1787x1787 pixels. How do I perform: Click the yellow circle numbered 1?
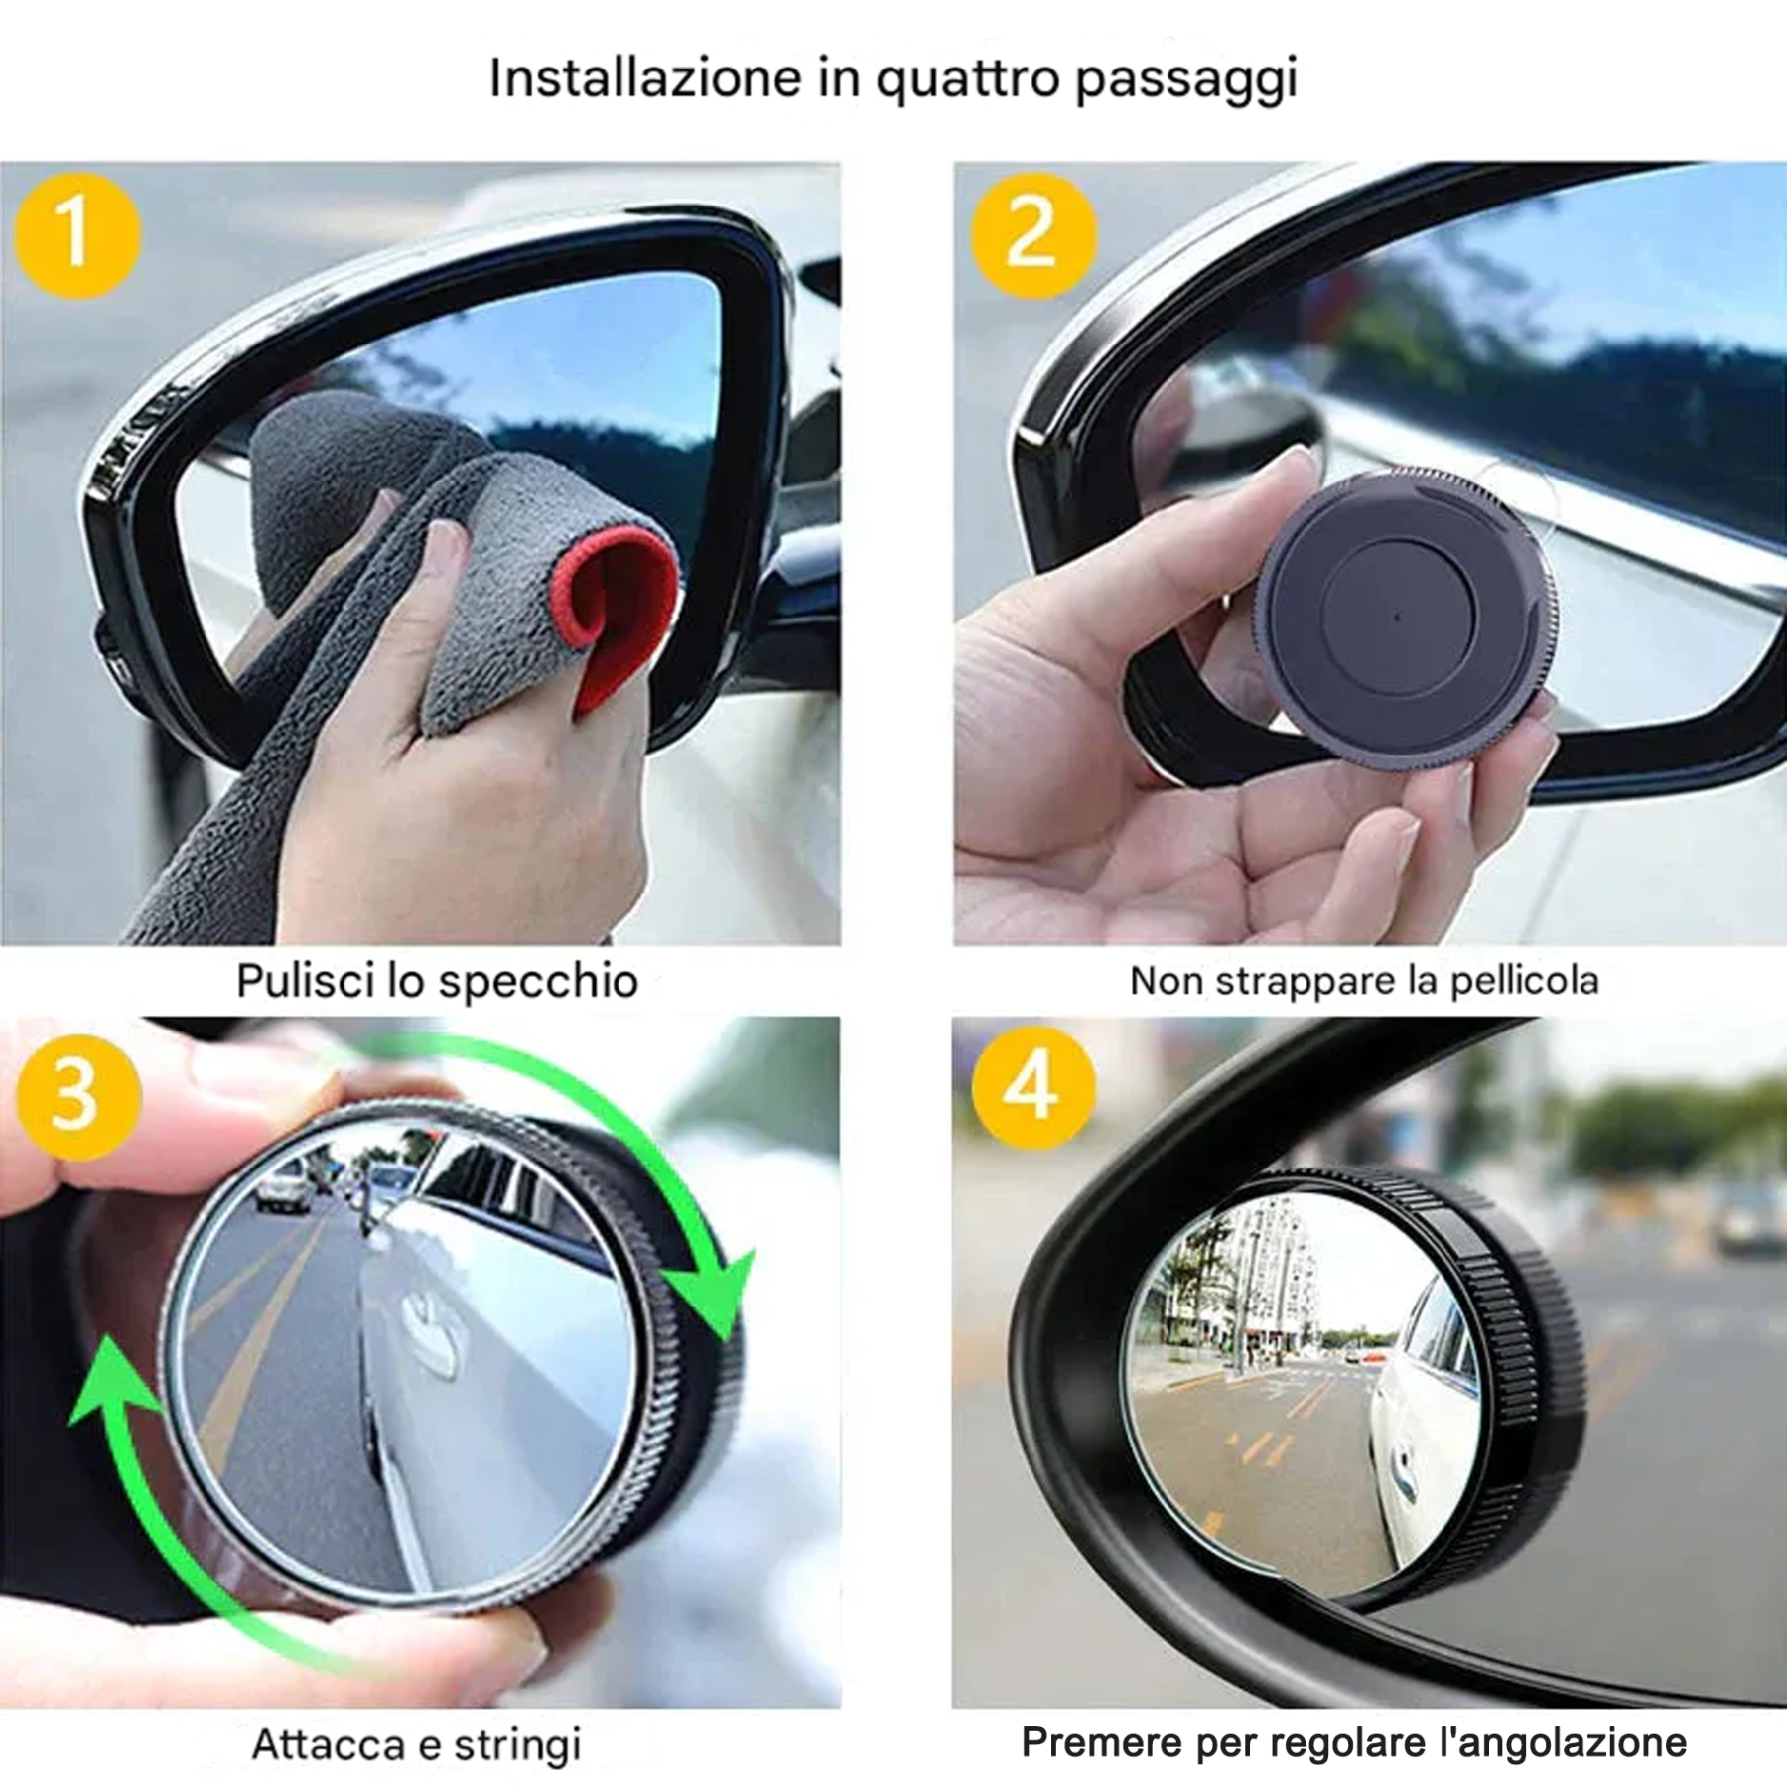click(76, 235)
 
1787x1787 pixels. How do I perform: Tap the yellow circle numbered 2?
click(1032, 235)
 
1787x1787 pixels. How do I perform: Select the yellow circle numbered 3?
click(76, 1096)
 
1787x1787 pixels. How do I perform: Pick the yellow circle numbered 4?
click(1032, 1088)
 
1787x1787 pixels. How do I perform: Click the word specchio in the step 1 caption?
click(538, 982)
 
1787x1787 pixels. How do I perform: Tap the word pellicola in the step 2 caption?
click(1524, 981)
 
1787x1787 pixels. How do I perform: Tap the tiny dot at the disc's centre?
click(1398, 617)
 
